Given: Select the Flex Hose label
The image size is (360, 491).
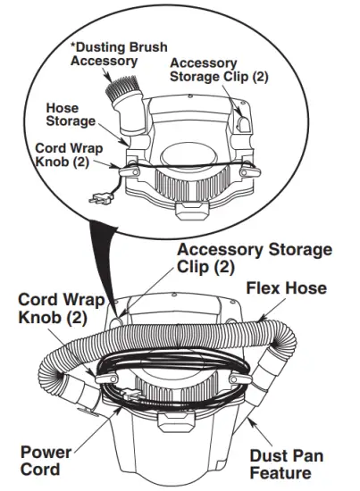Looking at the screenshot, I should (285, 287).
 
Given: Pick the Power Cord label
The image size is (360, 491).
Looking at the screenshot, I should (45, 461).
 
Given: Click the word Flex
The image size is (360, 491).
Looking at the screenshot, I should (264, 287).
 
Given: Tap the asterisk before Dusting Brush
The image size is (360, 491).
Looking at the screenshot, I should (72, 46).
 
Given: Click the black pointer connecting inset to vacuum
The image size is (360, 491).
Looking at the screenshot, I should (105, 268).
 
